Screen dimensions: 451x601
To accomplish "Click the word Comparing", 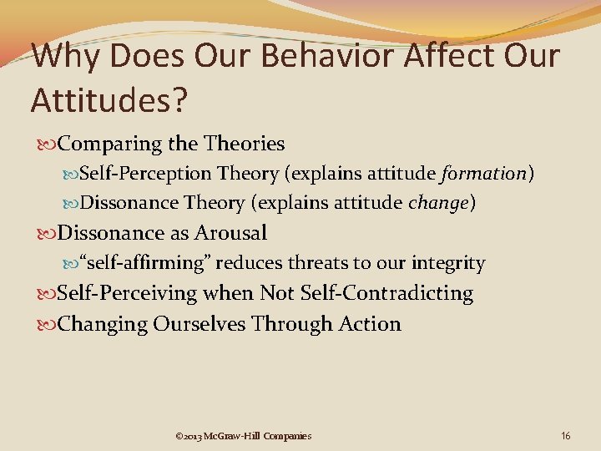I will point(110,144).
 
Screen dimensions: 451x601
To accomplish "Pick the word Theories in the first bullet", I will point(244,144).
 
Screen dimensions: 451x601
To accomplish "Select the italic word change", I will point(438,202).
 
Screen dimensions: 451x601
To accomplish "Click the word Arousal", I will point(230,232).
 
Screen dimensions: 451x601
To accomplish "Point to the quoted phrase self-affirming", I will point(144,263).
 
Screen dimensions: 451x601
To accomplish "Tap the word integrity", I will point(448,263).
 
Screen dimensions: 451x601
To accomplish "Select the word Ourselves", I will point(199,323).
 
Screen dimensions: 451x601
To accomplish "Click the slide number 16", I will point(566,435).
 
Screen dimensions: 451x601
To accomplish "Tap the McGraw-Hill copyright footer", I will point(244,435).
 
